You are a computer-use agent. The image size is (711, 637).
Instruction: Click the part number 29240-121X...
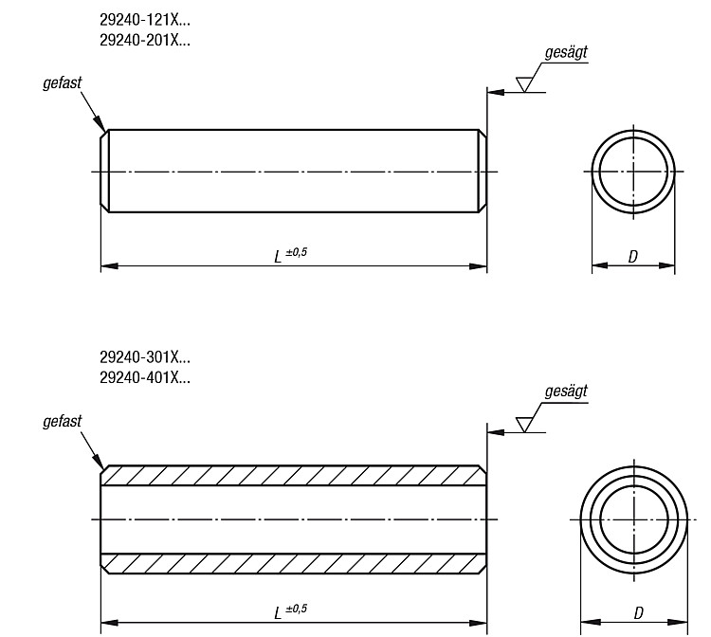click(x=145, y=20)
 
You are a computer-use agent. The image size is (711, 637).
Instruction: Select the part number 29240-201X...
click(x=145, y=41)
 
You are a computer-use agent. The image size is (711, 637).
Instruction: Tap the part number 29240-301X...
click(x=145, y=357)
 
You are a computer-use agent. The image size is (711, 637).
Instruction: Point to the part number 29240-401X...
click(x=145, y=377)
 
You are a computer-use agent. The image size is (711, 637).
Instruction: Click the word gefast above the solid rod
click(x=63, y=83)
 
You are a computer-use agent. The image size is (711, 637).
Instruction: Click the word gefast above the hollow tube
click(x=63, y=421)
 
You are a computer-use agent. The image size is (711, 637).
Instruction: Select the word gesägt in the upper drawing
click(x=566, y=52)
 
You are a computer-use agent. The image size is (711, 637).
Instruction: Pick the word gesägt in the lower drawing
click(x=566, y=391)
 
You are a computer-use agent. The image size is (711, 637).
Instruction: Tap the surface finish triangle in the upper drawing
click(x=523, y=84)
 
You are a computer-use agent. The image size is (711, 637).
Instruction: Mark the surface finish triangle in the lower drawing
click(x=523, y=425)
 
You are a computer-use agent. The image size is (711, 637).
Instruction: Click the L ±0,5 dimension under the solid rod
click(x=291, y=255)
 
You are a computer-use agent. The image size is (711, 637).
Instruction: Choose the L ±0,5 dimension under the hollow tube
click(x=291, y=611)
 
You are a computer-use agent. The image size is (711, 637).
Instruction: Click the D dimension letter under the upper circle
click(x=633, y=257)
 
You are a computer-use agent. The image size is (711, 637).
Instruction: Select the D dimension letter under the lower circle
click(x=638, y=613)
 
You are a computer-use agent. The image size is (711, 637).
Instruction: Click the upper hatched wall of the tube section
click(x=293, y=476)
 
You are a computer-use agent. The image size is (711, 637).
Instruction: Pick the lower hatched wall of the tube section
click(x=293, y=564)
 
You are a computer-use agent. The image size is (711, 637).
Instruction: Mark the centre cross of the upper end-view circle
click(x=633, y=172)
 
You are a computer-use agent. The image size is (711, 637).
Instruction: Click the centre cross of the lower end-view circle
click(x=634, y=519)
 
